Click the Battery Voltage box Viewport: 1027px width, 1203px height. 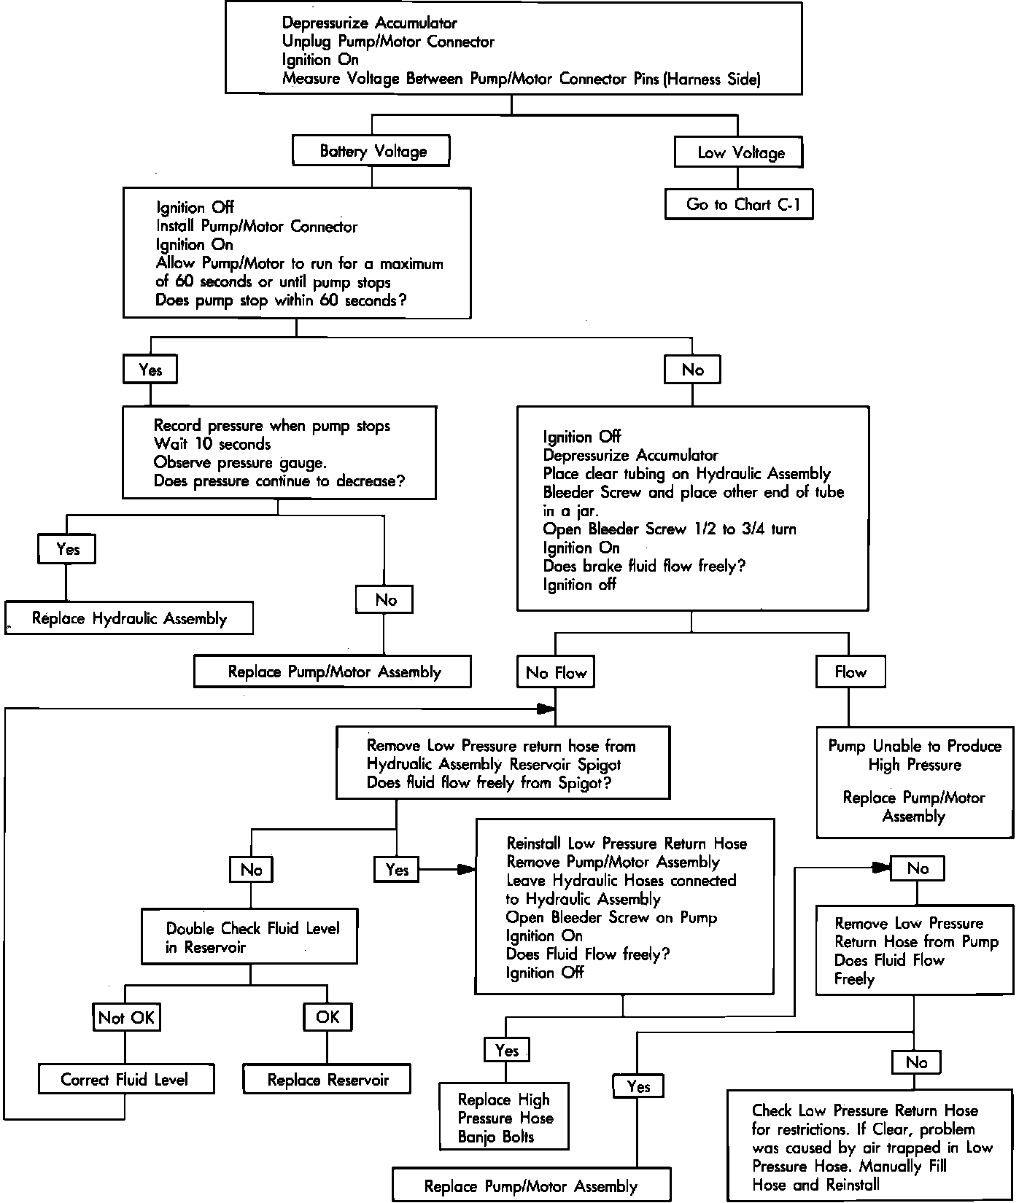click(371, 151)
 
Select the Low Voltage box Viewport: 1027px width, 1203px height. click(740, 152)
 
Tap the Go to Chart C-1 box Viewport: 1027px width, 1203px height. click(739, 205)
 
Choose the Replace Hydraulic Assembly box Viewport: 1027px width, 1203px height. click(129, 618)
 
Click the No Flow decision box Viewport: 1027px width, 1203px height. click(556, 672)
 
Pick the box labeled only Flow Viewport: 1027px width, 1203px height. click(850, 672)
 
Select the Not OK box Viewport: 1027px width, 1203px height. click(126, 1018)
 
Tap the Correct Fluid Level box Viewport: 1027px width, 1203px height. click(125, 1079)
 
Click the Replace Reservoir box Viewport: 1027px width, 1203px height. click(327, 1079)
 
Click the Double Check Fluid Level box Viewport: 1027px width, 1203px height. click(249, 936)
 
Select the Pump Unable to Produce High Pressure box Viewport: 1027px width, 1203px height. click(915, 781)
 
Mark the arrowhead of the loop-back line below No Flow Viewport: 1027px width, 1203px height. click(546, 708)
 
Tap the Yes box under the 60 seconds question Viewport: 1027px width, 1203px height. click(150, 370)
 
